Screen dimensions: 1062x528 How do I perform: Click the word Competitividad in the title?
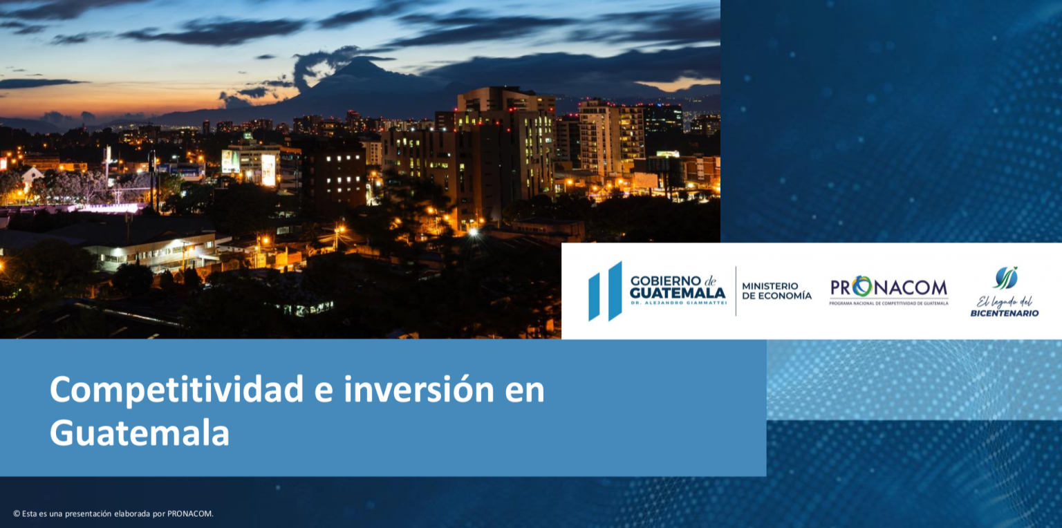tap(176, 390)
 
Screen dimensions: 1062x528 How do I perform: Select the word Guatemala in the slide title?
tap(140, 432)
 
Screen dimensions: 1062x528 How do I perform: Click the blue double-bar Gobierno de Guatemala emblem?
tap(605, 291)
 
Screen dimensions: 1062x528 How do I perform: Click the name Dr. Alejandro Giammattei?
tap(678, 303)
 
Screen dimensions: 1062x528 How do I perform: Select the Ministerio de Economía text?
tap(776, 290)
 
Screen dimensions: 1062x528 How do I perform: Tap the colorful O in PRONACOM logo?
tap(862, 287)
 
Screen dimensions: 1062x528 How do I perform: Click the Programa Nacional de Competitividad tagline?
tap(889, 303)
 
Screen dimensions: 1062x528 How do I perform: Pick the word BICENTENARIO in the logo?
tap(1005, 313)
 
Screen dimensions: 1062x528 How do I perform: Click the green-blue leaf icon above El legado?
tap(1005, 278)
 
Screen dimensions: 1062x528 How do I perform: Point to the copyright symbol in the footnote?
tap(17, 513)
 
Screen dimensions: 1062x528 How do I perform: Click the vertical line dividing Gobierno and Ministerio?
tap(736, 291)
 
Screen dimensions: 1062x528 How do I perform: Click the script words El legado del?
tap(1005, 302)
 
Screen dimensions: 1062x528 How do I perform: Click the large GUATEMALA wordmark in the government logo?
tap(678, 292)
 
